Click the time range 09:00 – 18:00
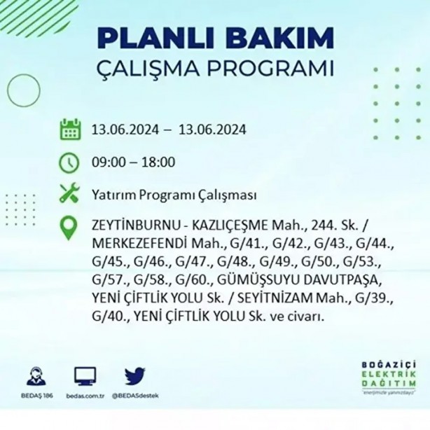pos(133,162)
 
